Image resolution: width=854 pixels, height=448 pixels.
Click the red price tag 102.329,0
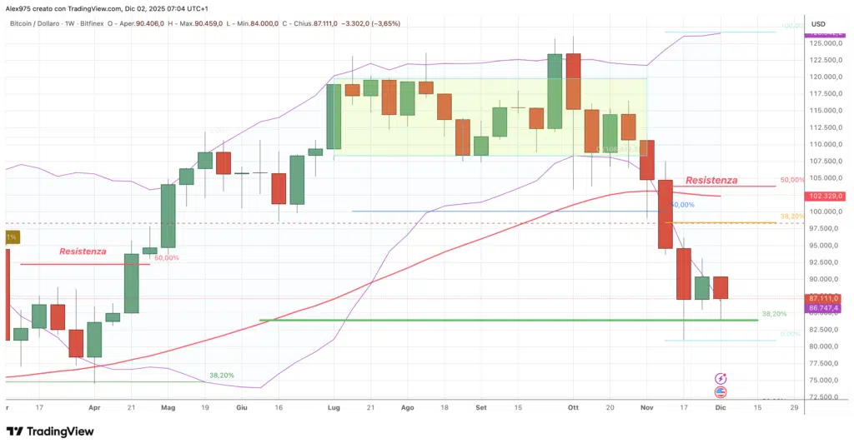(826, 196)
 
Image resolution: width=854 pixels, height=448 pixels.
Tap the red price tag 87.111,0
(826, 298)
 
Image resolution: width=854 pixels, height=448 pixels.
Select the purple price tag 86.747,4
(826, 308)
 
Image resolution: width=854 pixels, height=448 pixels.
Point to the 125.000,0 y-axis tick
(826, 43)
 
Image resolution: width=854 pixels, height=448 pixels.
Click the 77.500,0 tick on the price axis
(824, 363)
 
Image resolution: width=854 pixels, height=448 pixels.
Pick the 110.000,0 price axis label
(826, 144)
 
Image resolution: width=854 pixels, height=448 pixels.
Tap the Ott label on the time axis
(573, 408)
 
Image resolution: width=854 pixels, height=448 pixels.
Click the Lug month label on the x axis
(334, 408)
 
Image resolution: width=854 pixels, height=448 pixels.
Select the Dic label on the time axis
(721, 408)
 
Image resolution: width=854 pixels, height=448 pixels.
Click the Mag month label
(168, 408)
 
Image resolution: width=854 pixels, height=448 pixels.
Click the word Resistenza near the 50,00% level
(711, 180)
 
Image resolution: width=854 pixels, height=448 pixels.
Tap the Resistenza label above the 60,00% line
(83, 251)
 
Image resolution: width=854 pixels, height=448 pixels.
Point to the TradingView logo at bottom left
(50, 431)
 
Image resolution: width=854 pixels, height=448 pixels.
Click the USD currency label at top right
(818, 23)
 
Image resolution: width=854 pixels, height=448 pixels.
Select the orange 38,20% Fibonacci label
(791, 216)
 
